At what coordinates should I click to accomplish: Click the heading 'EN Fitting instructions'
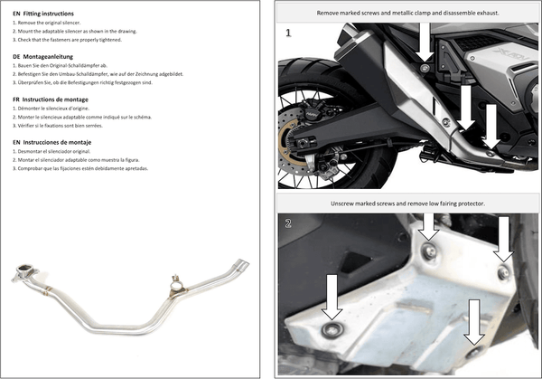[x=44, y=14]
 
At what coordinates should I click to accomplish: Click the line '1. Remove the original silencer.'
[x=51, y=24]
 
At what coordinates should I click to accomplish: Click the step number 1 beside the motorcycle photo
[x=287, y=33]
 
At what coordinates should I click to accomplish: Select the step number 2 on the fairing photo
[x=287, y=223]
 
